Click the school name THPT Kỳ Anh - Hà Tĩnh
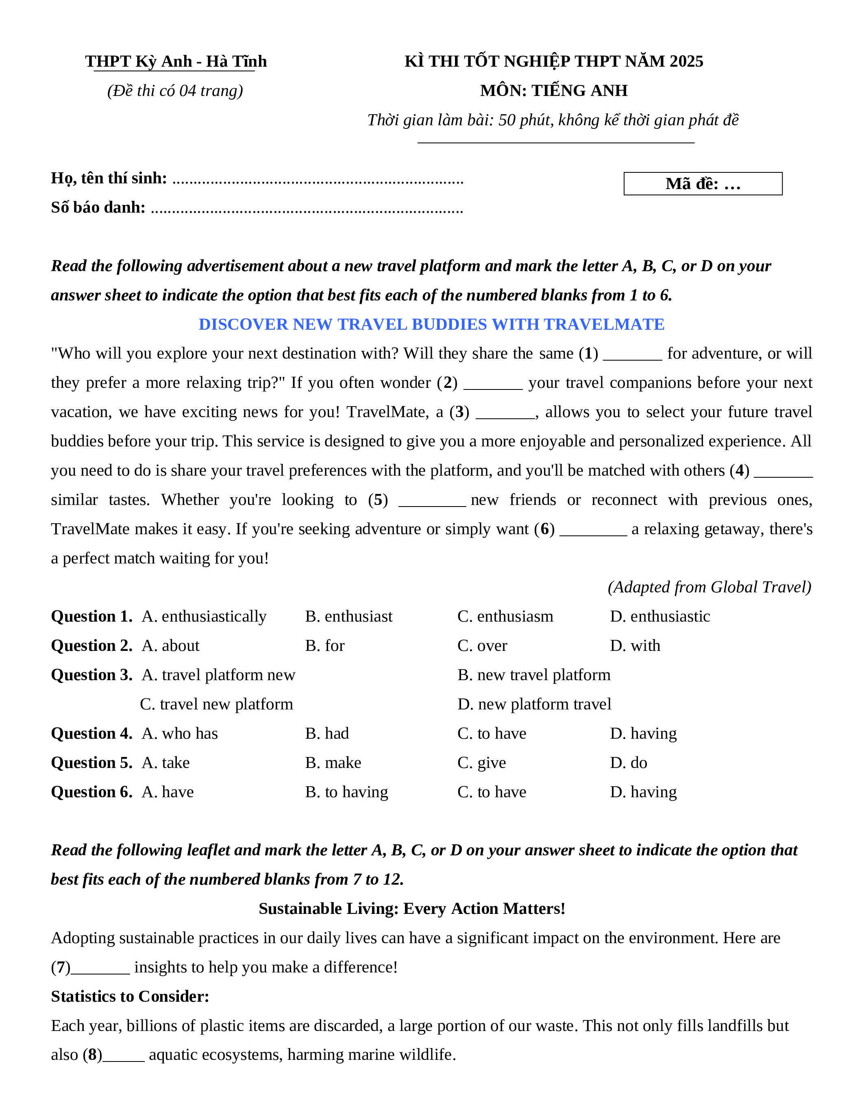click(176, 61)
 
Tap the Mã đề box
click(702, 184)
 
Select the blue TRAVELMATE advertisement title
click(431, 324)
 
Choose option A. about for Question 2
click(170, 646)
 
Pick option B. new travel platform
click(534, 675)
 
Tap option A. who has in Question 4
click(180, 733)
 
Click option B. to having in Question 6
click(346, 792)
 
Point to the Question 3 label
click(91, 675)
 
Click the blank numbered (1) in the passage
click(632, 355)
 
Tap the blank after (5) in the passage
click(431, 501)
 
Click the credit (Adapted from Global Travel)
click(709, 587)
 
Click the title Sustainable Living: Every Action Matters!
click(411, 909)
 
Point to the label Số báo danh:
click(98, 207)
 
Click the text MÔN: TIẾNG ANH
click(553, 91)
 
